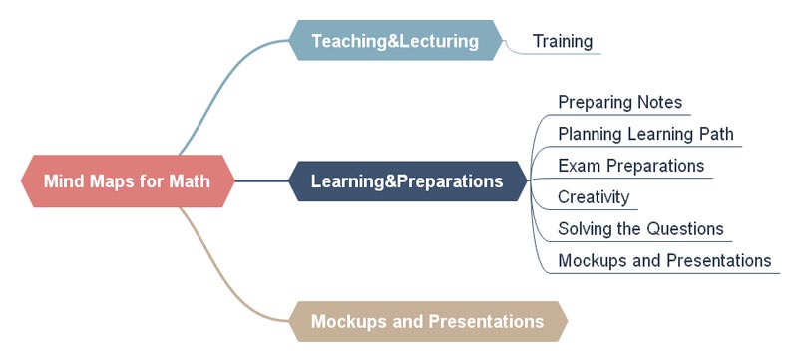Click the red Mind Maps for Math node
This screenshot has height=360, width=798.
[128, 181]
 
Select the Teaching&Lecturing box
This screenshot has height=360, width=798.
[395, 40]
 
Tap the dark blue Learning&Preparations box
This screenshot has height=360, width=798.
[408, 181]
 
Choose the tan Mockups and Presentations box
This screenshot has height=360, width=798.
[428, 321]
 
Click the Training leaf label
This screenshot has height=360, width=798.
[563, 41]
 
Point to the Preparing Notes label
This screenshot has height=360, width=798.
[619, 102]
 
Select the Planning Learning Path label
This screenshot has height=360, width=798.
[645, 134]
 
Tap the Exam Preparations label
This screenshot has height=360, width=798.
[631, 166]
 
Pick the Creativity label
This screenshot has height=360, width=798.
[594, 197]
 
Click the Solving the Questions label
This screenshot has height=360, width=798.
[640, 228]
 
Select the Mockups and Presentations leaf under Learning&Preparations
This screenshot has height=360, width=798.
[664, 261]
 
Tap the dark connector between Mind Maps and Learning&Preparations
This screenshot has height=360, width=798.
[262, 181]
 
